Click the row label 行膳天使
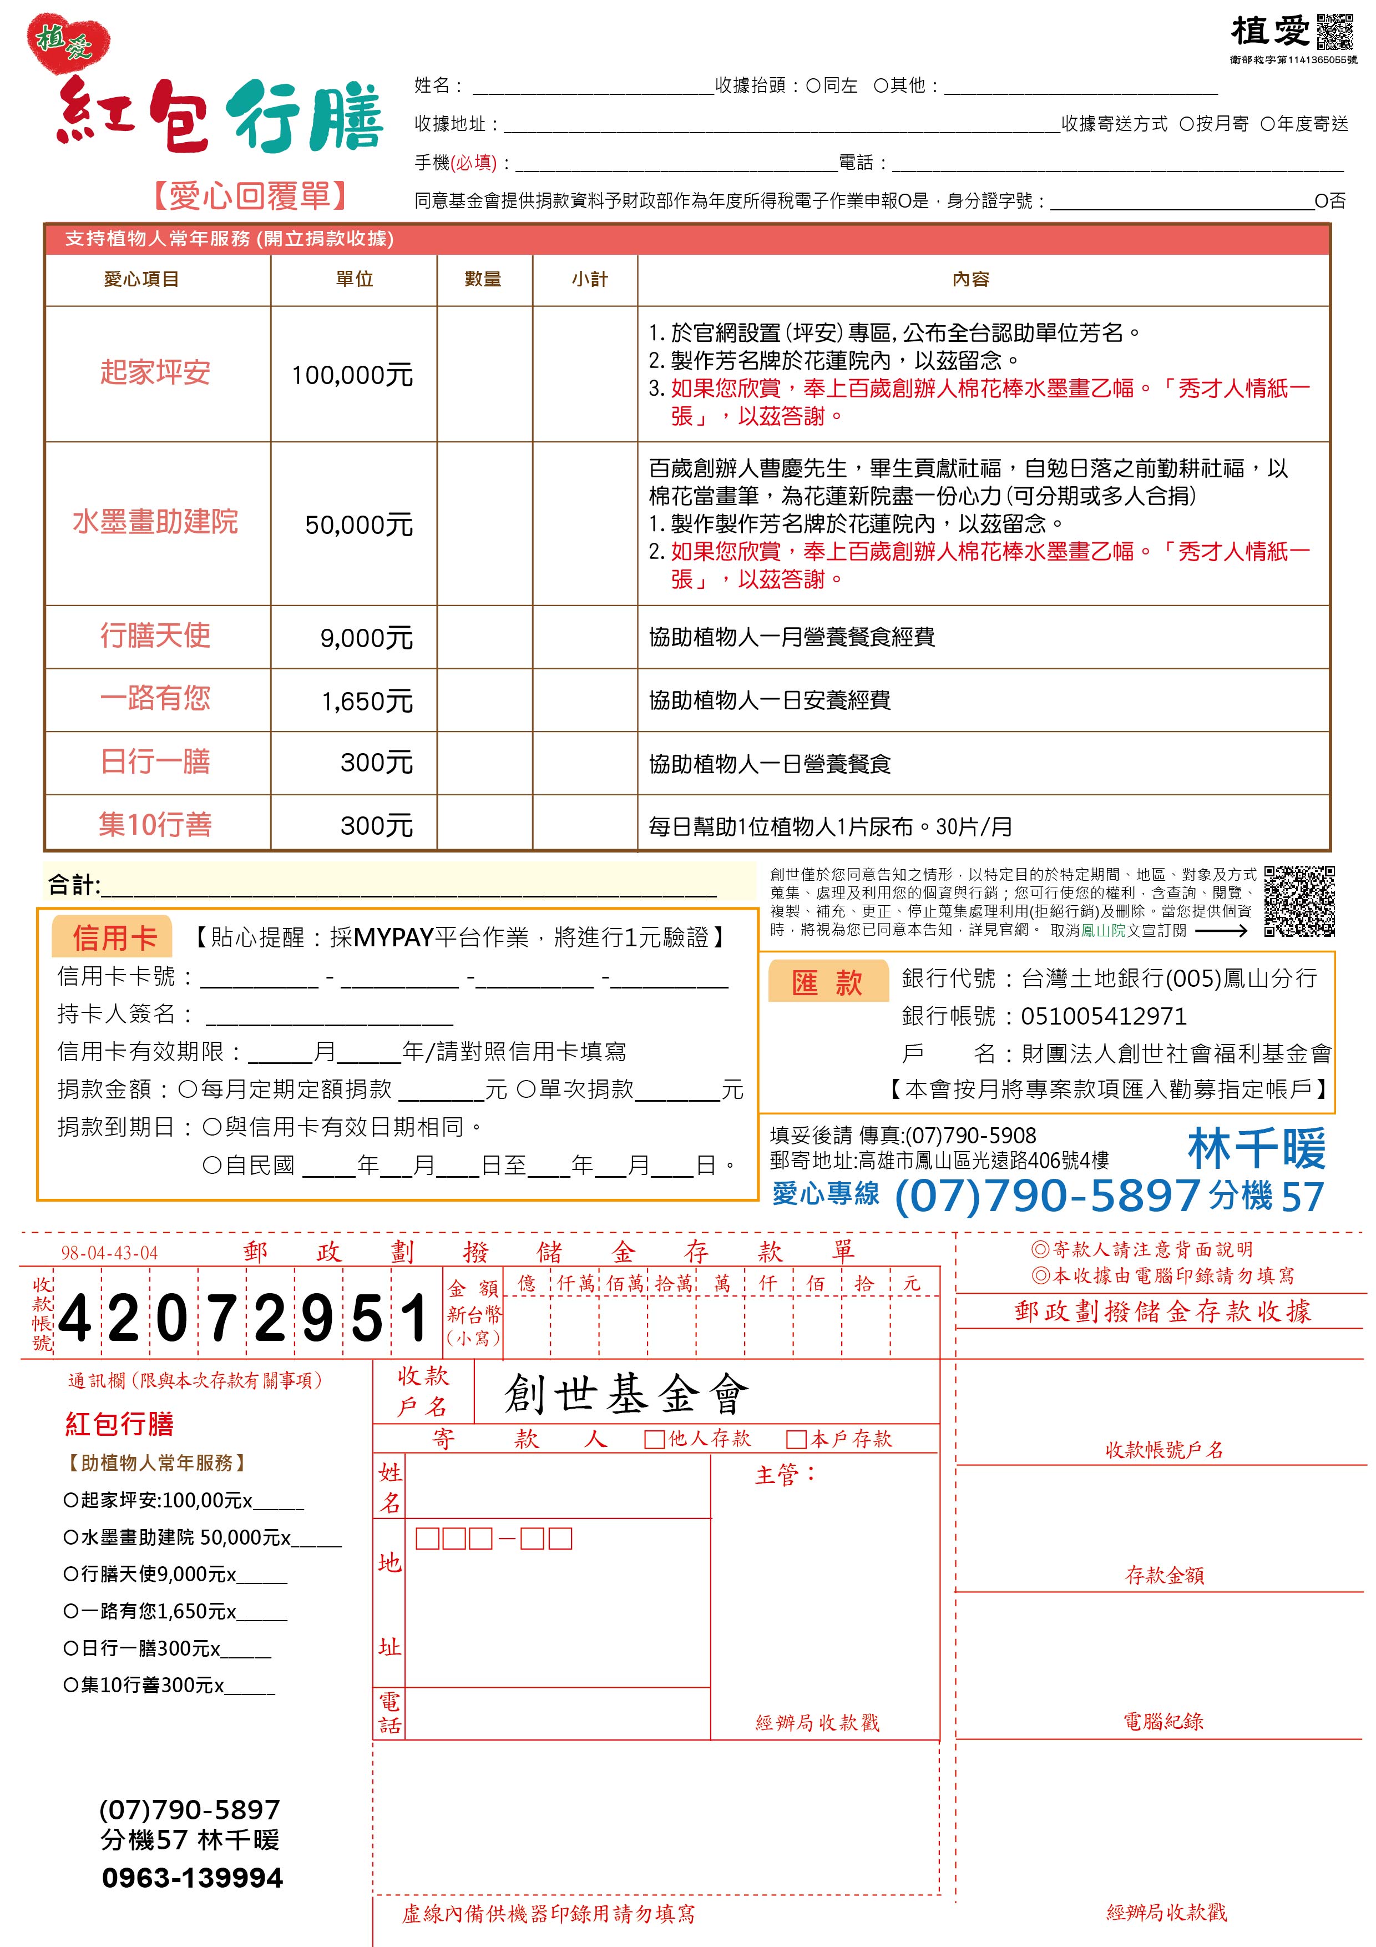click(x=155, y=635)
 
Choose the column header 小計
click(x=589, y=279)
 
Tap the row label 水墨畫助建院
click(x=155, y=522)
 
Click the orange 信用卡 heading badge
click(x=114, y=937)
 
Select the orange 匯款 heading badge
click(x=827, y=982)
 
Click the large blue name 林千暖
click(x=1256, y=1149)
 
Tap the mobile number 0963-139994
click(x=193, y=1878)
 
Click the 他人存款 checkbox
click(x=654, y=1439)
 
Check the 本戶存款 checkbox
click(x=795, y=1439)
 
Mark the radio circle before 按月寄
click(x=1186, y=124)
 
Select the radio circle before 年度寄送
click(x=1267, y=124)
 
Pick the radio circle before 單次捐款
click(x=525, y=1089)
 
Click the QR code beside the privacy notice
click(x=1299, y=901)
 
